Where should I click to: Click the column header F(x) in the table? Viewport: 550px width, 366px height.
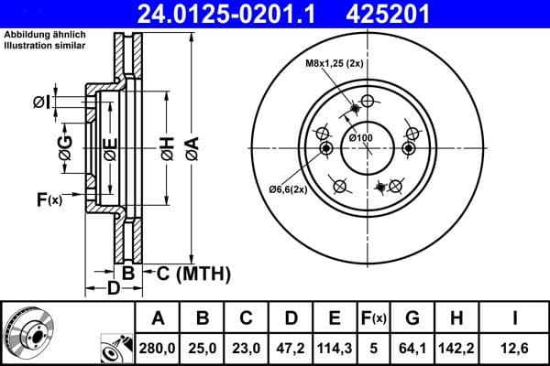[x=374, y=318]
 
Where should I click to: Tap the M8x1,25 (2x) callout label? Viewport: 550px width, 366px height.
[x=334, y=64]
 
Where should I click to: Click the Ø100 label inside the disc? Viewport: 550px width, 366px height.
[x=361, y=137]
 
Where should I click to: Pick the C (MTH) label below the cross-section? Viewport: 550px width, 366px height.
[x=188, y=273]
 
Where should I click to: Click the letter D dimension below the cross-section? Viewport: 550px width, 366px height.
[x=113, y=290]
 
